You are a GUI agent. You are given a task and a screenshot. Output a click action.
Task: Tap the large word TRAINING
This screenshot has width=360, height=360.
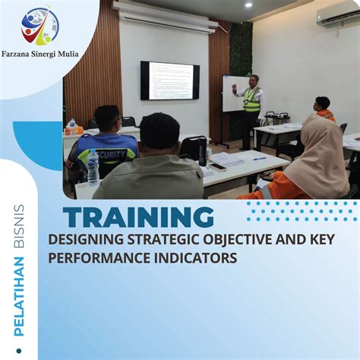[138, 217]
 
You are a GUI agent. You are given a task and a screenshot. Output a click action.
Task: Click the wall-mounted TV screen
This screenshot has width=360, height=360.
[170, 80]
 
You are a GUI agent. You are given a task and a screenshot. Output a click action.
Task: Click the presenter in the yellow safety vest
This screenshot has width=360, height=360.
[251, 103]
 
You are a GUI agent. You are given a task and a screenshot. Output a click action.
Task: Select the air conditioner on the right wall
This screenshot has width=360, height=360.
[339, 16]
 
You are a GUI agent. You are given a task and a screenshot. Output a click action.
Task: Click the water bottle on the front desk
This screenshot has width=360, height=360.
[93, 168]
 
